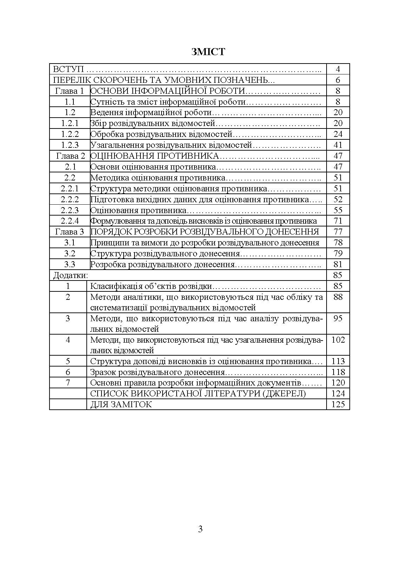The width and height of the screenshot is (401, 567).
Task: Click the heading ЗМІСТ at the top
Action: coord(208,52)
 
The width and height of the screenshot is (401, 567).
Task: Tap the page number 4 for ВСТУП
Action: coord(338,69)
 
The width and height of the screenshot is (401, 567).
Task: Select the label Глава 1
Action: coord(70,91)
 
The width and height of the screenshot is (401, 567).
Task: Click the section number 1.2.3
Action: coord(70,145)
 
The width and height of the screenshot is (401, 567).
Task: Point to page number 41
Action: coord(338,145)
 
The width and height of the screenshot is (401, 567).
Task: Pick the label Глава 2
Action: coord(70,156)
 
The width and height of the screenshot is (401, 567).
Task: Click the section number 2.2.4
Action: coord(70,221)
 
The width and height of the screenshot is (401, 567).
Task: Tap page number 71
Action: coord(338,221)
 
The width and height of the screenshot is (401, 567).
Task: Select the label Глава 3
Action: coord(70,232)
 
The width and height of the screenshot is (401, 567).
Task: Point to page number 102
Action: coord(338,340)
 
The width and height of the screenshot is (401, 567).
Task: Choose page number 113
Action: coord(338,361)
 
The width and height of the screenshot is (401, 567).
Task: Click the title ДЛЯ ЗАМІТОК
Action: coord(121,404)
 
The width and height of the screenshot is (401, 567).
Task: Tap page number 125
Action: coord(338,404)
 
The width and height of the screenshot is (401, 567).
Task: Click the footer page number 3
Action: coord(200,529)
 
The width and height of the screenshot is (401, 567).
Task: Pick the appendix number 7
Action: coord(68,383)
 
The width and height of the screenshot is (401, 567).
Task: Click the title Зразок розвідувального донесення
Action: coord(157,372)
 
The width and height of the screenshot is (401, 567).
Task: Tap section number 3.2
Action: coord(70,253)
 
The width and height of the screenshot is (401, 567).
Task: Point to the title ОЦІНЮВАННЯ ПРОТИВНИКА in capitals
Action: coord(155,156)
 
